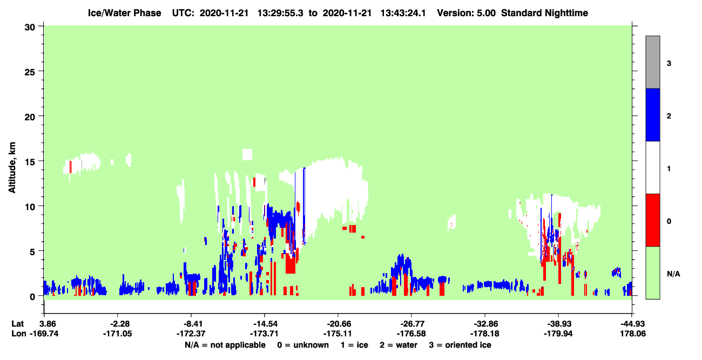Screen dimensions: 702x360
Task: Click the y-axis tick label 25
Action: (30, 72)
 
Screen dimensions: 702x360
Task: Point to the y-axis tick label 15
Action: (30, 162)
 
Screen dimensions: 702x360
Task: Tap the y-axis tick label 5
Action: (32, 252)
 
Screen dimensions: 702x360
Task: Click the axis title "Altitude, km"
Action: (12, 167)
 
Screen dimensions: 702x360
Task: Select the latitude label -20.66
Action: (339, 324)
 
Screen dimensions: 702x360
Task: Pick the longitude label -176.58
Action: (411, 334)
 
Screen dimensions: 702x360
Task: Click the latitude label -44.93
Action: (633, 324)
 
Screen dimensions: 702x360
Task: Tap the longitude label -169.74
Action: (44, 334)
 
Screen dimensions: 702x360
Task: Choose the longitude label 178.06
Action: (633, 334)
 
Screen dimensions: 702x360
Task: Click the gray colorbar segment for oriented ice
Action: (653, 62)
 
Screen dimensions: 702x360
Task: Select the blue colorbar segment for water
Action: (653, 114)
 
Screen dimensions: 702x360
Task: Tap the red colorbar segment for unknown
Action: (653, 220)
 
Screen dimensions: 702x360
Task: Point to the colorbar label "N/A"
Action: (673, 274)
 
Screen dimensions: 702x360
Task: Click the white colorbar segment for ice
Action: (653, 167)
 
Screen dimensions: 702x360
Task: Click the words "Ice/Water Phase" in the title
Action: (124, 13)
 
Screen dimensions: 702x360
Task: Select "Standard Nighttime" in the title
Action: (544, 13)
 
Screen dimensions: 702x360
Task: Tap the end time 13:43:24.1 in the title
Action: (403, 13)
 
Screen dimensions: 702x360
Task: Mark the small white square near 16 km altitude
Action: (247, 155)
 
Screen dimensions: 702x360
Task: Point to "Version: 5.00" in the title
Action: (467, 13)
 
